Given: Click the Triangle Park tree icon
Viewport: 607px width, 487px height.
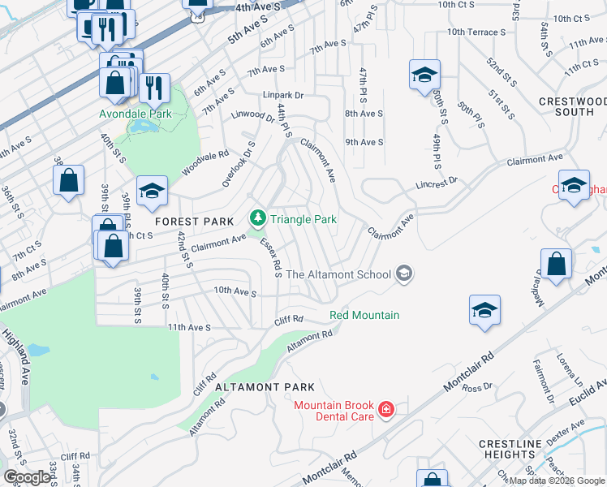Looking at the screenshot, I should [257, 218].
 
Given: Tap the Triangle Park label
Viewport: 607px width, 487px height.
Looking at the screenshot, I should [303, 219].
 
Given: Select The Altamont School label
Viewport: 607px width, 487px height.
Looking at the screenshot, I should [338, 274].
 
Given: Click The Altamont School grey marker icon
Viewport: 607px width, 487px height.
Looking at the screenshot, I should [403, 274].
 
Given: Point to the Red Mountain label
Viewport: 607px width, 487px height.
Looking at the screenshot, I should [364, 315].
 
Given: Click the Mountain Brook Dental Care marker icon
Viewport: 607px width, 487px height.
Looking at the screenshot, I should [386, 410].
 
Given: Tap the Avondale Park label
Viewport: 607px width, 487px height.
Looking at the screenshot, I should [136, 114].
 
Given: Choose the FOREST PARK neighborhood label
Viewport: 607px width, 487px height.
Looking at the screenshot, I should [195, 222].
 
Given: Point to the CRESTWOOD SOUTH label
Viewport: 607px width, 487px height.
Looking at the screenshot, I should [573, 106].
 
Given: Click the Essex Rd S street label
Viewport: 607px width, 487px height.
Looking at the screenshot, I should [270, 257].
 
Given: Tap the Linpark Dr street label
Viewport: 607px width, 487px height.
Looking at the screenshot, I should [282, 95].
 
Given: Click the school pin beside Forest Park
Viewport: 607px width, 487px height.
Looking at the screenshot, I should [152, 192].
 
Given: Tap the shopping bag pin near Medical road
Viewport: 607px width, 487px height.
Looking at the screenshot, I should [557, 265].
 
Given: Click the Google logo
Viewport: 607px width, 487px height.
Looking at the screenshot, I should [27, 477].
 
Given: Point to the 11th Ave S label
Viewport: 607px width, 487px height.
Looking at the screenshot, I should [189, 327].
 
